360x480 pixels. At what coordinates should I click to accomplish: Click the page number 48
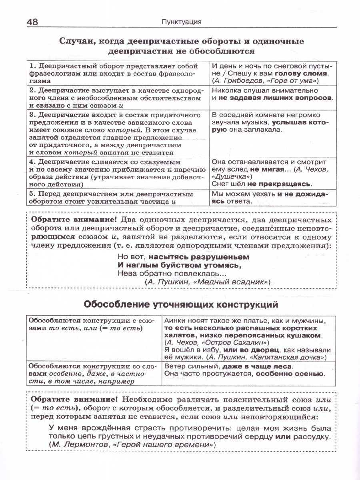coord(32,22)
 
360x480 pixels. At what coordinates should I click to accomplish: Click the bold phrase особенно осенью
coord(290,374)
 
